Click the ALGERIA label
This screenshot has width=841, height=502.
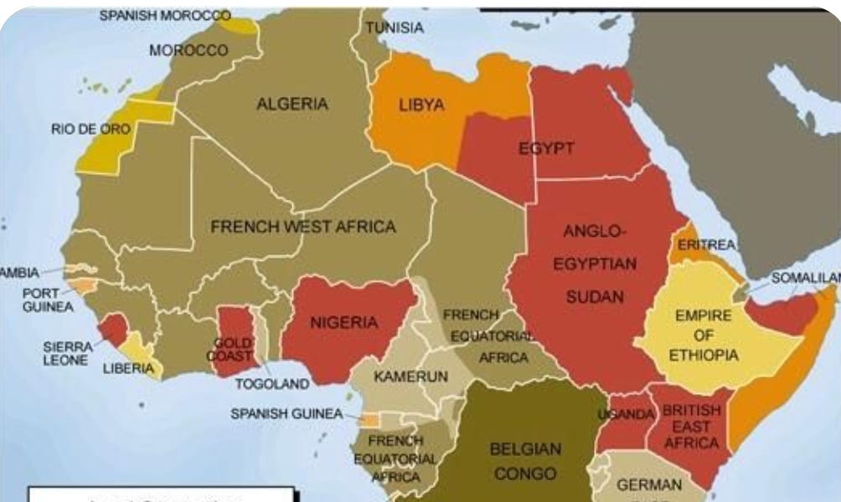292,105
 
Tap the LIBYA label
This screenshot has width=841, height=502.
421,106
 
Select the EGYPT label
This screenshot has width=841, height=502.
546,149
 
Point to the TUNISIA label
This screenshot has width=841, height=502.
395,28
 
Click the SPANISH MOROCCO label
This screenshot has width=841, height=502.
165,15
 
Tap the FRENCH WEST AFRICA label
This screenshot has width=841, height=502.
303,227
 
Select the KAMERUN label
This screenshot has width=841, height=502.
410,376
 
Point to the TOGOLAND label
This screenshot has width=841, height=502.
272,384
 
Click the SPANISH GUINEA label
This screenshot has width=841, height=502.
286,414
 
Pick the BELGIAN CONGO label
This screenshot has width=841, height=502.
525,461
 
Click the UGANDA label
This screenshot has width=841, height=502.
625,415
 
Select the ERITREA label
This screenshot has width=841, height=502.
706,244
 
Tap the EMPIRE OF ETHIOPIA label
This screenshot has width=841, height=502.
703,336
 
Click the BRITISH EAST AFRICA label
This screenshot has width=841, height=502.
690,427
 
